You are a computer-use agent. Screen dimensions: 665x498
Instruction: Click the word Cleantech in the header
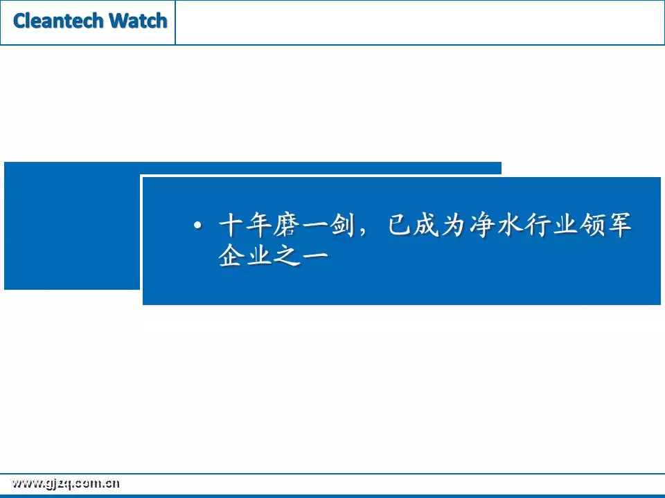point(58,20)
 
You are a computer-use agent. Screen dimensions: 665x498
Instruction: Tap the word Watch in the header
point(138,20)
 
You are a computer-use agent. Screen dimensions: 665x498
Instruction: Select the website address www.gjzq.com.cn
point(65,483)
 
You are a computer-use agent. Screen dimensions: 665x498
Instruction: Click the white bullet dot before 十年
point(197,225)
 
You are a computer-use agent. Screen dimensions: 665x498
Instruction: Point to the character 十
point(231,224)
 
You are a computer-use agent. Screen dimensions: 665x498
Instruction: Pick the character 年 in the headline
point(258,224)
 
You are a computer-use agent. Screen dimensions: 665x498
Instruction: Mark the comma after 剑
point(362,232)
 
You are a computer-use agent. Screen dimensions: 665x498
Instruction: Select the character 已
point(400,224)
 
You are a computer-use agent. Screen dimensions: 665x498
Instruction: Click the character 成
point(427,224)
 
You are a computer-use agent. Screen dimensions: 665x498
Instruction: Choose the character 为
point(454,224)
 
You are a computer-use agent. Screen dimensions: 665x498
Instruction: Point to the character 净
point(482,224)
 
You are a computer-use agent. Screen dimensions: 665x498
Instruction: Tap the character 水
point(510,224)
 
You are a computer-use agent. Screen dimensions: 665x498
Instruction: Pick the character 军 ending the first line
point(619,224)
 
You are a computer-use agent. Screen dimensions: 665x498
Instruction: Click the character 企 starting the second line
point(231,255)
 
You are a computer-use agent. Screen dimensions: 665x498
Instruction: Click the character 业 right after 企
point(258,255)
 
